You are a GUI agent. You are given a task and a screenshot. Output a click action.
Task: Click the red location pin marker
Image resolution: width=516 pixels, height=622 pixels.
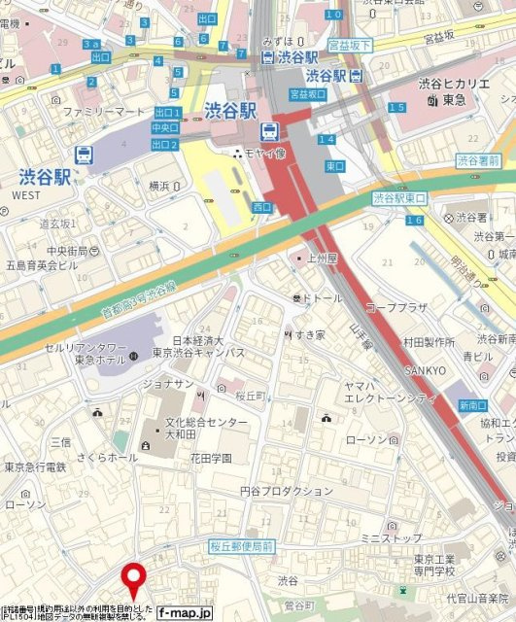133,580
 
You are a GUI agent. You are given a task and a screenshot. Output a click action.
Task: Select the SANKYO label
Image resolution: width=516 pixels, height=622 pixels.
424,371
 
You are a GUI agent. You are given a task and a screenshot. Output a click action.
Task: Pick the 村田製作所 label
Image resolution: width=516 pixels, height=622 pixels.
429,342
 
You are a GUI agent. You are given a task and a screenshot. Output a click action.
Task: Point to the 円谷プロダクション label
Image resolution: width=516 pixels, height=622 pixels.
286,491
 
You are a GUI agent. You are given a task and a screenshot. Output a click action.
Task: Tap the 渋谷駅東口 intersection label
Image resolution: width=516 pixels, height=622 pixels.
399,198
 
